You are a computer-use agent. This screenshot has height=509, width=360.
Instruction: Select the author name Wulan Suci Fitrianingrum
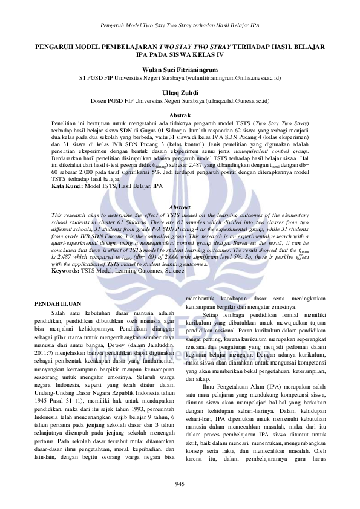coord(180,70)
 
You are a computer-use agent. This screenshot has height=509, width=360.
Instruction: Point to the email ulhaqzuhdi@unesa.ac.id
coord(238,100)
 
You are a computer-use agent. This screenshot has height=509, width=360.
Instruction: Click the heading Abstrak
coord(180,115)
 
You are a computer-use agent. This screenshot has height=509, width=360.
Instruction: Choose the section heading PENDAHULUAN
coord(57,300)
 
